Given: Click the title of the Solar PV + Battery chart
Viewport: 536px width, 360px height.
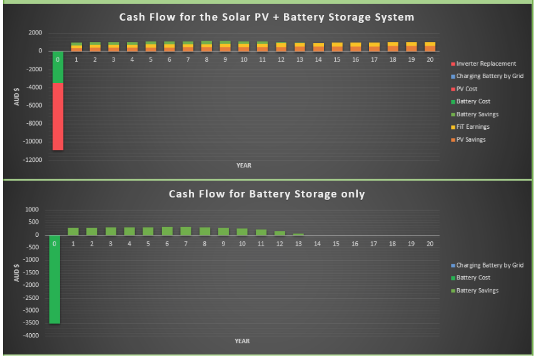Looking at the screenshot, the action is tap(266, 17).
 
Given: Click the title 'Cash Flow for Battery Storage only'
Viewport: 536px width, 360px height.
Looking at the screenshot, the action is tap(266, 194).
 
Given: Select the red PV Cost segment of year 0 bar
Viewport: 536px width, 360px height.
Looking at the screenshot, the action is tap(58, 116).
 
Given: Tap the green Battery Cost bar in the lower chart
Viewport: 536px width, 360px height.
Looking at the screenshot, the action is tap(54, 279).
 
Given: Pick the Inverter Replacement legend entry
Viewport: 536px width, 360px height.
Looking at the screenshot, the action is tap(483, 64).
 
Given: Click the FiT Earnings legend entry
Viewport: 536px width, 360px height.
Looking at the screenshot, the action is tap(470, 127).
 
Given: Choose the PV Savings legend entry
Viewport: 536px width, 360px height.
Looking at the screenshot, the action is tap(468, 139).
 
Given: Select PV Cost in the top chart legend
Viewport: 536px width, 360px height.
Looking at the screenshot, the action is tap(464, 89).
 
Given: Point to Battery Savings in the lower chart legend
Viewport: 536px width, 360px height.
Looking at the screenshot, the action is tap(475, 291).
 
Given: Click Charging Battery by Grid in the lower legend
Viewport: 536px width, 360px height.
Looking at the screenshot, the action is tap(487, 265).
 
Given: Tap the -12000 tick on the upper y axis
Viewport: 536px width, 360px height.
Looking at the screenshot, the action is tap(33, 159).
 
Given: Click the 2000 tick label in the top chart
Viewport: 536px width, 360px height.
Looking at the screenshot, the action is tap(35, 32).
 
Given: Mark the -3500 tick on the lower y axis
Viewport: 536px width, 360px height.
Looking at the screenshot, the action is tap(31, 322).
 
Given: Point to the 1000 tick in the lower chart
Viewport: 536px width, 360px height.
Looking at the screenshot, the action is tap(32, 209).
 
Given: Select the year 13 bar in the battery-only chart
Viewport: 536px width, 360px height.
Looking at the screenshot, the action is tap(298, 234).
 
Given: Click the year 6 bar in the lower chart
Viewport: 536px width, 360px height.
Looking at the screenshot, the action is tap(167, 231).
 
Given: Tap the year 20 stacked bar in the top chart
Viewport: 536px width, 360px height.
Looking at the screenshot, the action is tap(430, 47).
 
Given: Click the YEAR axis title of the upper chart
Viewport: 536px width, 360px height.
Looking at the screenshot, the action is tap(244, 166).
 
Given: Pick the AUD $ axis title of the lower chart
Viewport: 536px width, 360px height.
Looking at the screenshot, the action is tap(16, 273).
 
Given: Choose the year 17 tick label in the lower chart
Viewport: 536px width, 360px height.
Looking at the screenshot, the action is tap(373, 244).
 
